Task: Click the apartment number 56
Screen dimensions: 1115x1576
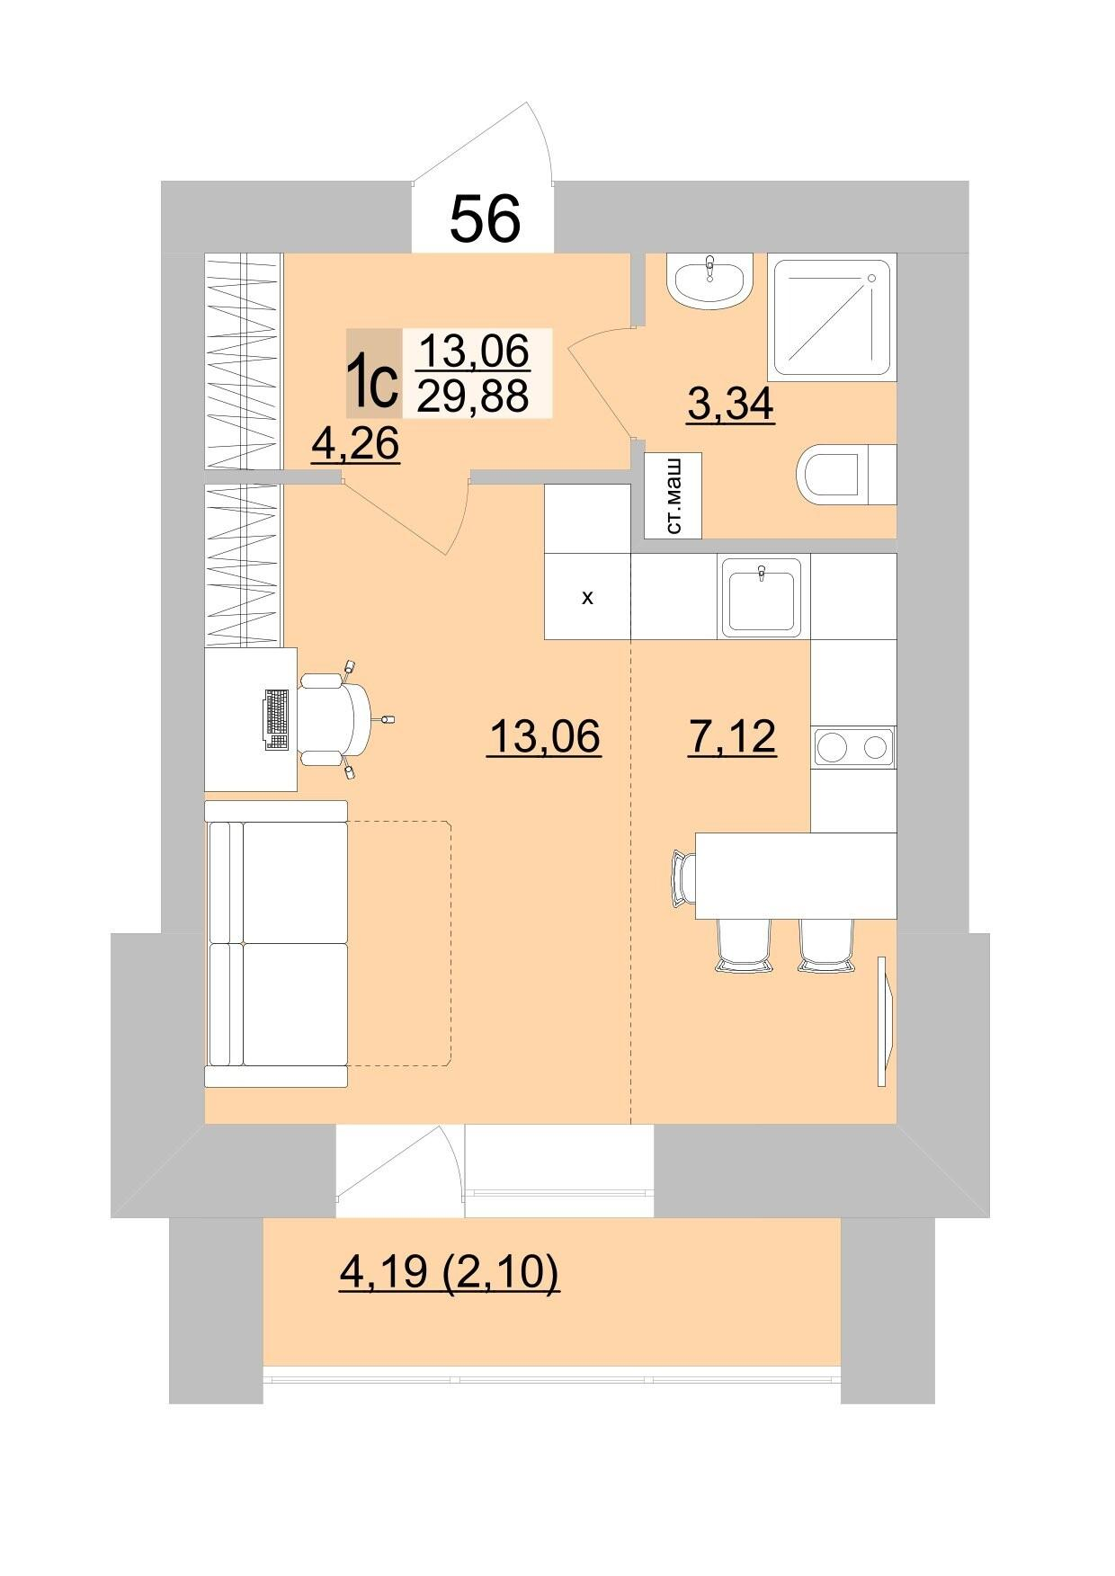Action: point(486,218)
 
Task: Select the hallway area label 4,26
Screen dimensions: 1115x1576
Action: point(355,443)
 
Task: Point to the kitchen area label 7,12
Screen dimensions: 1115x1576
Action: point(731,736)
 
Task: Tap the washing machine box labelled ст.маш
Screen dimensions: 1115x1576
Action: point(673,496)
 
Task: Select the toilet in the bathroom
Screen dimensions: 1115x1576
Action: point(846,474)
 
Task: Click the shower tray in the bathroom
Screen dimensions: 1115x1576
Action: point(832,318)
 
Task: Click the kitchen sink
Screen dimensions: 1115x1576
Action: point(763,596)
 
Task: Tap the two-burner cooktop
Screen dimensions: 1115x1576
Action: point(853,747)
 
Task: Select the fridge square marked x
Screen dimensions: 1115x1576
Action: point(588,596)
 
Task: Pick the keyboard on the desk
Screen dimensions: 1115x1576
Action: point(277,719)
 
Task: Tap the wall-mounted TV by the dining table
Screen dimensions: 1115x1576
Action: point(886,1020)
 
